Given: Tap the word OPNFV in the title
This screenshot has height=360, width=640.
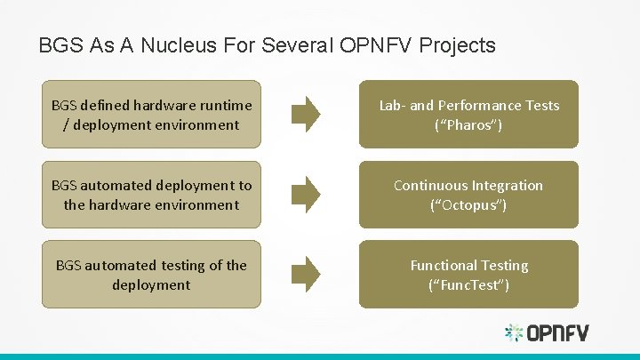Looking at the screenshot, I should (x=378, y=45).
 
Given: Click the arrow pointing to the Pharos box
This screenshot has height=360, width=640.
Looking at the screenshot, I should (x=307, y=114).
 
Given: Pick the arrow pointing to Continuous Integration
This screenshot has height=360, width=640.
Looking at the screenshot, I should (x=307, y=194).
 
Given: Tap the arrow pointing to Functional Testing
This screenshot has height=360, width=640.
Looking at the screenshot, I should (x=307, y=274).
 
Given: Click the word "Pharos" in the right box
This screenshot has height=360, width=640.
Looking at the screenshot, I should (x=468, y=124).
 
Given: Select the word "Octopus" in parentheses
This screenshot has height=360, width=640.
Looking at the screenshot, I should (x=468, y=204).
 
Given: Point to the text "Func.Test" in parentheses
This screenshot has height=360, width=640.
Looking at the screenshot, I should (x=468, y=284).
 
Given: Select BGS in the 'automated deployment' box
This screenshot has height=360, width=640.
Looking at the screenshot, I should (x=64, y=185).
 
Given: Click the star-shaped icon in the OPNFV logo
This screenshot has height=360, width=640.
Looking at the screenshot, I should (x=514, y=333).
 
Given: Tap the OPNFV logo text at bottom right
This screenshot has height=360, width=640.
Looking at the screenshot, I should (x=557, y=333).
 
